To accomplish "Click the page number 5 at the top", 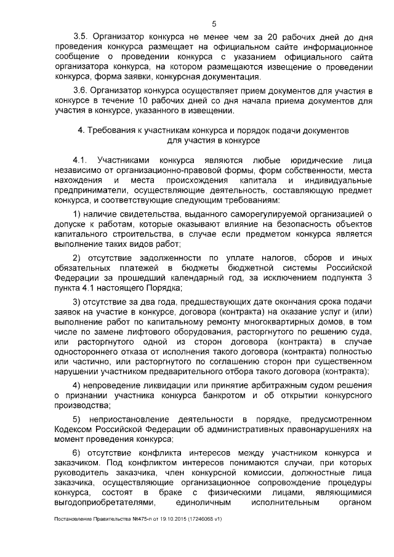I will click(214, 23).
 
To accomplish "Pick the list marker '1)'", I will click(78, 212).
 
